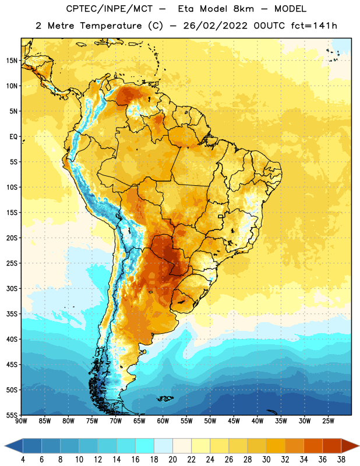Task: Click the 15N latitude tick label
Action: (x=12, y=61)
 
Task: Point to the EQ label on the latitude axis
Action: (x=13, y=137)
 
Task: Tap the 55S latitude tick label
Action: (x=12, y=415)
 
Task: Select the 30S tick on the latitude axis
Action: (x=12, y=288)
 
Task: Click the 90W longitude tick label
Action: (x=21, y=421)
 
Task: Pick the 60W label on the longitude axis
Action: (x=163, y=421)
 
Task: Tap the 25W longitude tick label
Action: (x=328, y=421)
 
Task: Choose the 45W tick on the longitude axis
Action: (x=234, y=421)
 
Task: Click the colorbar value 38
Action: (x=341, y=460)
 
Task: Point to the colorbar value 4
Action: (x=23, y=460)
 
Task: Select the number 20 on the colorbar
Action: (x=172, y=460)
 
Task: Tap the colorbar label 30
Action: (x=266, y=460)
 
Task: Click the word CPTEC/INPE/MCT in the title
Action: (x=110, y=9)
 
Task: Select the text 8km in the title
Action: (x=243, y=9)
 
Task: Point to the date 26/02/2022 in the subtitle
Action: (x=215, y=26)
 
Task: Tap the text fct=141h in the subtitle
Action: (x=314, y=26)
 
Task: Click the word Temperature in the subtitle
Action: (x=111, y=26)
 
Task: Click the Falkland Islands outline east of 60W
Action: (x=165, y=398)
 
